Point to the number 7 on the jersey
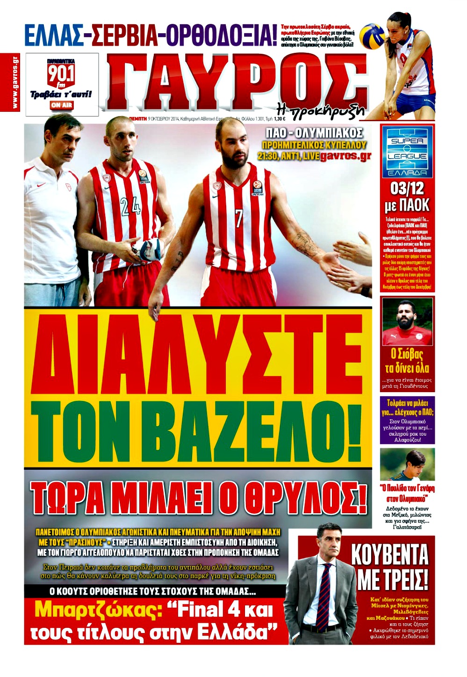coord(239,218)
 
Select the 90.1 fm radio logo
coord(61,75)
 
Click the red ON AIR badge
coord(62,105)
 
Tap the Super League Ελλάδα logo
coord(407,152)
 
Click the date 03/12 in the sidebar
coord(407,189)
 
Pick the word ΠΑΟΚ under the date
coord(416,205)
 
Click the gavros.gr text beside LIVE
coord(345,156)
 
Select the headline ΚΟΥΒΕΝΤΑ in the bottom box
coord(389,555)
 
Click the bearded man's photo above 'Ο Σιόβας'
coord(407,321)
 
